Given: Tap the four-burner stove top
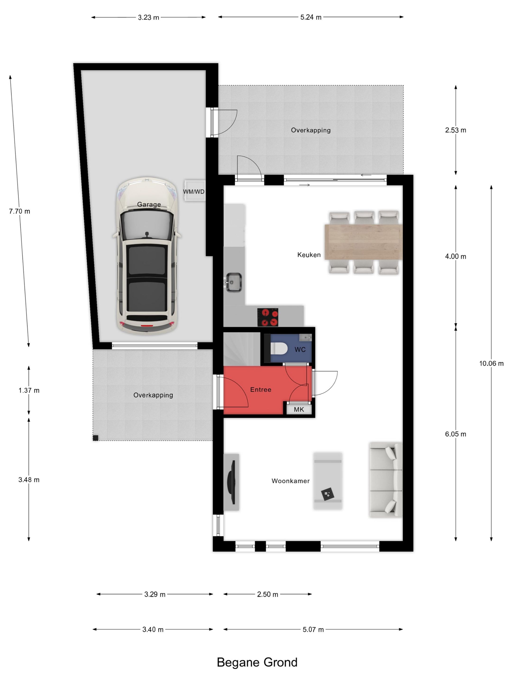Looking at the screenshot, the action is click(x=268, y=317).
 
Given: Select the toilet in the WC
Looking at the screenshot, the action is click(x=279, y=349).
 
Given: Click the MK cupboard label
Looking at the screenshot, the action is click(x=299, y=409).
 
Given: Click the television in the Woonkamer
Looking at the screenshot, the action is click(x=231, y=482).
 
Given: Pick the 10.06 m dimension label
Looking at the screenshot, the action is click(x=491, y=363).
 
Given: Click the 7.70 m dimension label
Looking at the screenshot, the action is click(x=19, y=211).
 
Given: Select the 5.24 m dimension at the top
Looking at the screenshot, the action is click(x=311, y=17).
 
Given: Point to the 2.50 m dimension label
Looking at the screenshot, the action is click(x=268, y=594).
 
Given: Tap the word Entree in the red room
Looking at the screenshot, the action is click(x=261, y=390).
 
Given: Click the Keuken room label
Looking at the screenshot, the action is click(x=309, y=255).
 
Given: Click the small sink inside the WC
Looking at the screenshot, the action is click(x=306, y=337).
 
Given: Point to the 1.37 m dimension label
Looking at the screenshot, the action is click(x=29, y=390).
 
